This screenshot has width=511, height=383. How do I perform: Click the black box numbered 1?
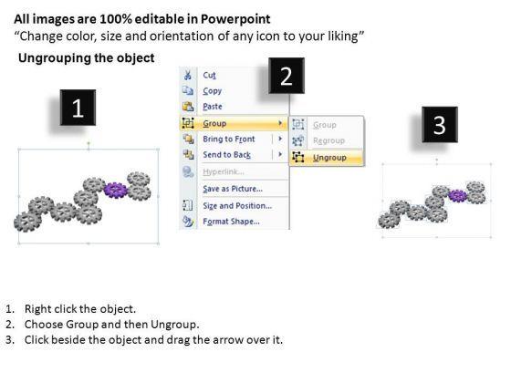pos(78,108)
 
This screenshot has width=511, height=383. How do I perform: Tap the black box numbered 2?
pos(287,76)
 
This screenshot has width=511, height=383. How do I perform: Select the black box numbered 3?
pos(440,124)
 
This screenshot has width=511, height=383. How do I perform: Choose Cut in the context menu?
pos(209,75)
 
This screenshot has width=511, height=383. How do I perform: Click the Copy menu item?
pos(212,91)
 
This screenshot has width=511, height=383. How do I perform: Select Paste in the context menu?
pos(213,107)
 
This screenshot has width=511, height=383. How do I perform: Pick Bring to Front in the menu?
pos(229,139)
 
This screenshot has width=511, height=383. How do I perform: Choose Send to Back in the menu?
pos(227,155)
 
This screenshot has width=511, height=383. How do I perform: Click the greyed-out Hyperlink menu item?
pos(224,171)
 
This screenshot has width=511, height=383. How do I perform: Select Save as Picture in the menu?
pos(233,189)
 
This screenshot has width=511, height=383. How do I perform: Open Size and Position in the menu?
pos(237,206)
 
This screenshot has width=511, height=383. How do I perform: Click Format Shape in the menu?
pos(231,222)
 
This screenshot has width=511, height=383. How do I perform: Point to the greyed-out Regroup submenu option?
pos(328,140)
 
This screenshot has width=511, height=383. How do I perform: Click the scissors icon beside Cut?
pos(188,75)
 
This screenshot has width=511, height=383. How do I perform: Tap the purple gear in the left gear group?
pos(115,191)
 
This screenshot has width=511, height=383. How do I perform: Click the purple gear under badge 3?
pos(458,196)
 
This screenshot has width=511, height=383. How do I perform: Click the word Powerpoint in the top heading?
pos(235,19)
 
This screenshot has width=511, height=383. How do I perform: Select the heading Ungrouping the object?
pos(87,58)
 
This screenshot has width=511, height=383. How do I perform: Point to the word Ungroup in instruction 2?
pos(174,325)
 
